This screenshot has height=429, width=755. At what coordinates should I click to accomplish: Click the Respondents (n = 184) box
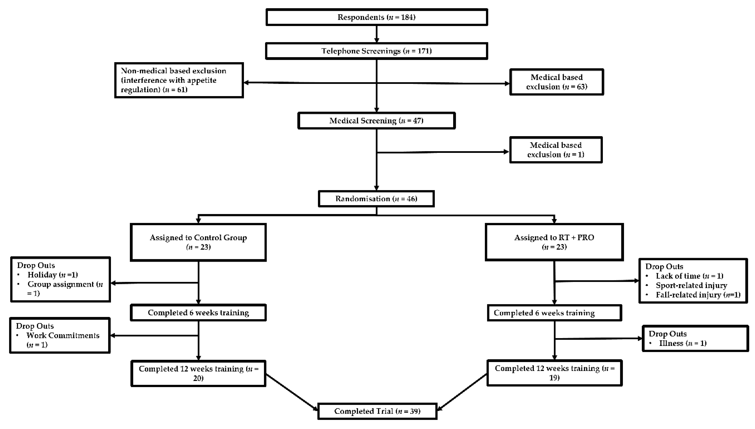pos(376,17)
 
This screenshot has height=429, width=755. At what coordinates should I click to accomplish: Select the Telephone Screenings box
pos(376,51)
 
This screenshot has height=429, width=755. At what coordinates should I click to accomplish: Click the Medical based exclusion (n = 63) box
pos(556,82)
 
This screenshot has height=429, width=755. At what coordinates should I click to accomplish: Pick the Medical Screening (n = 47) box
pos(376,120)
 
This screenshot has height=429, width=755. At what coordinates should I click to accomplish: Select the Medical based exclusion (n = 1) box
pos(556,150)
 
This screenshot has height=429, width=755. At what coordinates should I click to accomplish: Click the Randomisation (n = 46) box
pos(376,199)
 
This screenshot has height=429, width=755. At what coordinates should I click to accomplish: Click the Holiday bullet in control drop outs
pos(52,275)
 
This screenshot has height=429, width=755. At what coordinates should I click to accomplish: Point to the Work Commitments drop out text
pos(63,336)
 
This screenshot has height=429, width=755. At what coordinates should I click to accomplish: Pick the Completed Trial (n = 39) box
pos(377,411)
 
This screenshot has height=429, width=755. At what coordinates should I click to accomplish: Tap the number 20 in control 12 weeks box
pos(198,378)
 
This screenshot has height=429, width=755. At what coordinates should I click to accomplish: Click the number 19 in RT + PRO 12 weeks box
pos(554,377)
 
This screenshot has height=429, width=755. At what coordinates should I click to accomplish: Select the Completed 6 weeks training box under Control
pos(198,313)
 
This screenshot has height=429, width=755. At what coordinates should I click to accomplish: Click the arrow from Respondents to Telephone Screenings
pos(376,34)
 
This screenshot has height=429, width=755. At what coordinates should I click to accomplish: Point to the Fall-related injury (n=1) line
pos(698,295)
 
